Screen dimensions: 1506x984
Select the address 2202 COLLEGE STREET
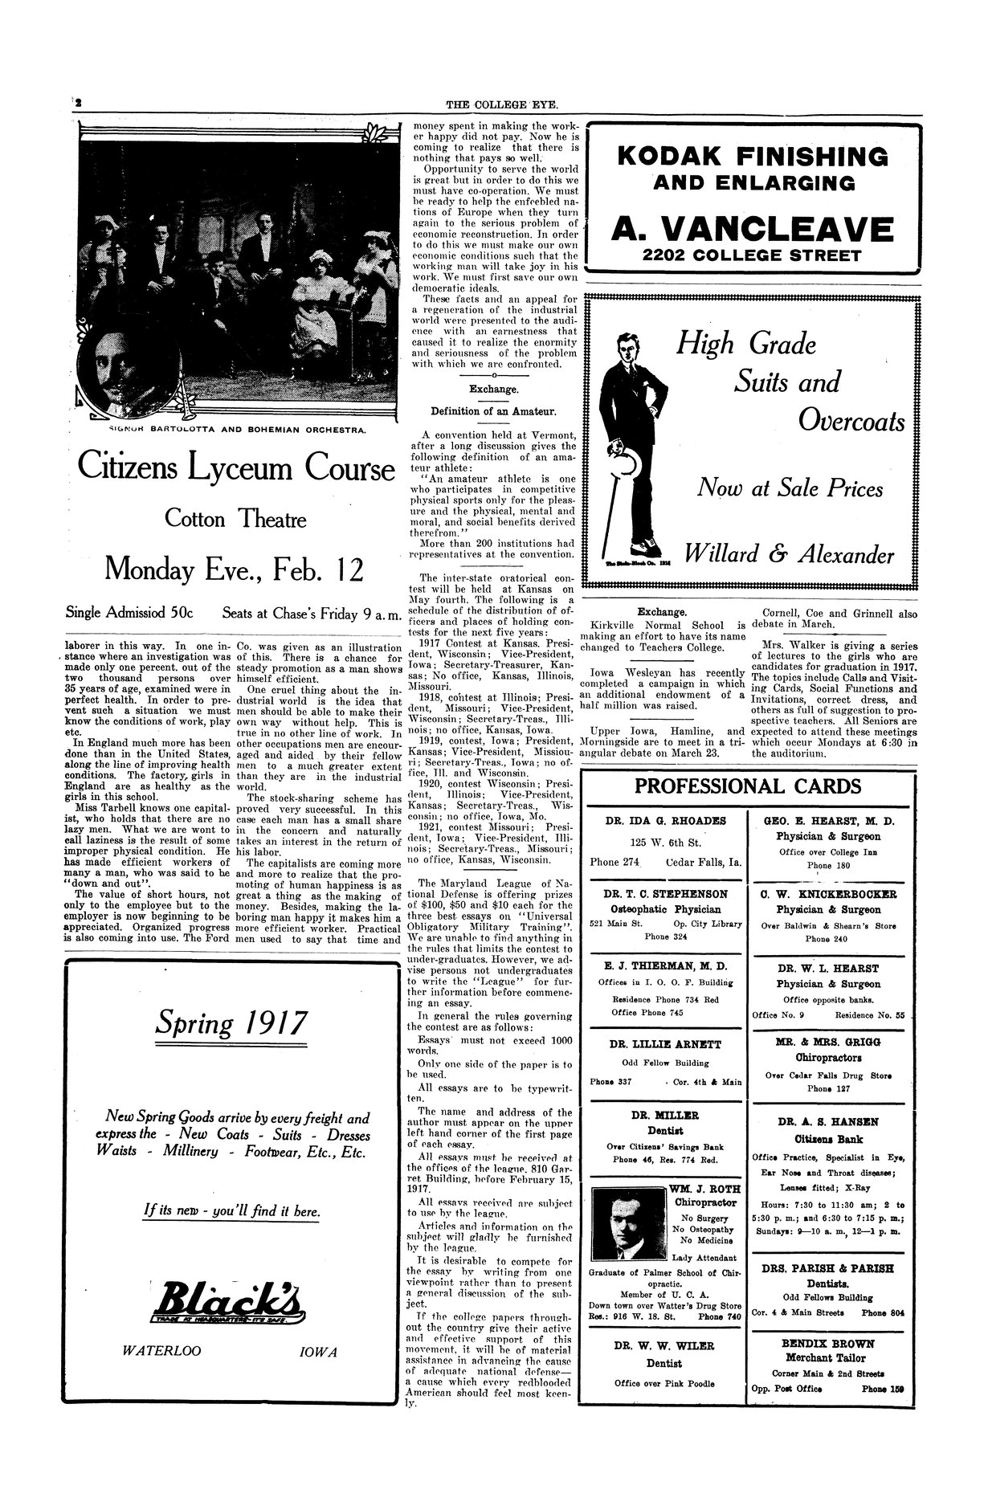(751, 256)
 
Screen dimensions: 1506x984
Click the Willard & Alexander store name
(789, 554)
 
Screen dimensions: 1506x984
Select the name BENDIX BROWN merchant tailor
(827, 1343)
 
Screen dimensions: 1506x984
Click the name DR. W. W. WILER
(663, 1345)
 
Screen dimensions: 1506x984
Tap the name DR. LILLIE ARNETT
(663, 1044)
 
